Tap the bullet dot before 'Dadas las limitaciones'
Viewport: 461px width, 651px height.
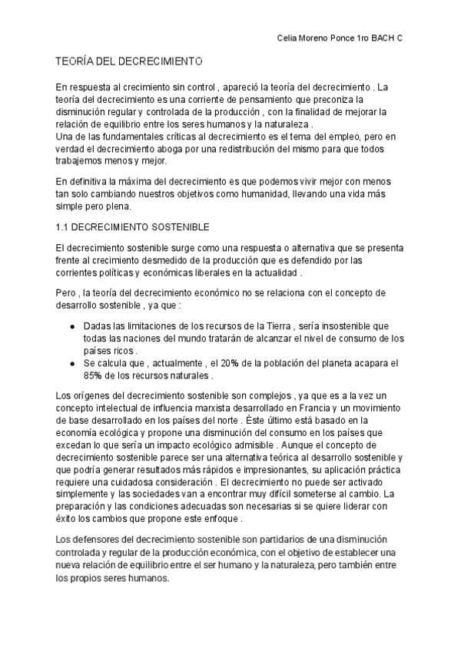(71, 326)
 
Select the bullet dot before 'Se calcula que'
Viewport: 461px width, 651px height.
(71, 363)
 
